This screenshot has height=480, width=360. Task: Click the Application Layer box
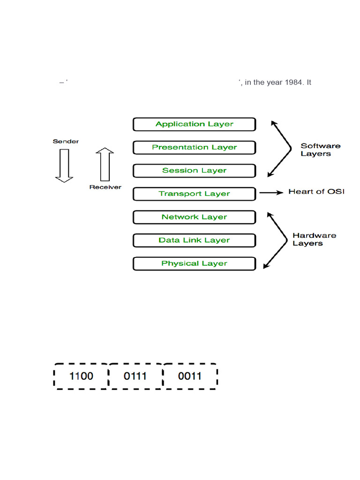click(194, 124)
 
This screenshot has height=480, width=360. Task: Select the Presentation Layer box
click(194, 147)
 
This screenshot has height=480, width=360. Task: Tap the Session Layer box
click(194, 171)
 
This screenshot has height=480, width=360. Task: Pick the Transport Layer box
click(194, 194)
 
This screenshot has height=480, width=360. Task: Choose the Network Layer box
click(194, 217)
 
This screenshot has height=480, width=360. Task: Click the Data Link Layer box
click(194, 240)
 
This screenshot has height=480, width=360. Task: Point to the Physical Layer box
click(194, 263)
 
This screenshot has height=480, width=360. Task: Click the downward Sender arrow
click(64, 165)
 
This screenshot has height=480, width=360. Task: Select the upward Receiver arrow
click(105, 165)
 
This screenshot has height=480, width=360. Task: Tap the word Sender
click(66, 141)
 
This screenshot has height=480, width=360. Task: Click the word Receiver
click(105, 187)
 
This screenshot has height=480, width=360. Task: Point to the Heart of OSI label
click(316, 192)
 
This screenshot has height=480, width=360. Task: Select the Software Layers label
click(320, 150)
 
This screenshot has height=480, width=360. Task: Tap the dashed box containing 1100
click(81, 376)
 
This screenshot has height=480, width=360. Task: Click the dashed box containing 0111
click(135, 376)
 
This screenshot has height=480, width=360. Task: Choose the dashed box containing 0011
click(190, 376)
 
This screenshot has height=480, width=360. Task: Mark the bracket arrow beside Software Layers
click(281, 149)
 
